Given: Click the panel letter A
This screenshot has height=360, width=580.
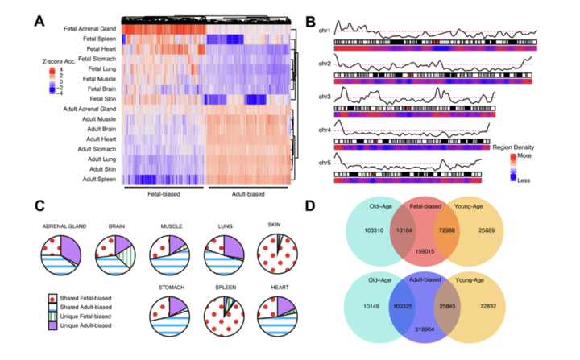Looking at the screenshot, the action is pos(39,21).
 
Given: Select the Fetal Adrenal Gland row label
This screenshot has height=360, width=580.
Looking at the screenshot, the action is pos(90,28).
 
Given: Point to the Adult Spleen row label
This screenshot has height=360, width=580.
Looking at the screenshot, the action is pos(99,179).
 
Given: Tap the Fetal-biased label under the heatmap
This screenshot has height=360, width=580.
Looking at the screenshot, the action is pos(164,194).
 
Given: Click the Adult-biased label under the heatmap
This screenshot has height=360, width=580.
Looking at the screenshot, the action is pos(248,194).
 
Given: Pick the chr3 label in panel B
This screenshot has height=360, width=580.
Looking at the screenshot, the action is pos(325,97).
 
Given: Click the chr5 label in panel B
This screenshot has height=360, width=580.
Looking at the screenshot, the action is pos(325,163).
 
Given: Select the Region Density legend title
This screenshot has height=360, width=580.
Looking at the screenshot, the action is pos(513,147).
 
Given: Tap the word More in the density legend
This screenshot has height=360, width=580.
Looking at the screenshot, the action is pos(524,155).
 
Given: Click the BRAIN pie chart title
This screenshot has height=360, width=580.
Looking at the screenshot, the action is pos(117,226).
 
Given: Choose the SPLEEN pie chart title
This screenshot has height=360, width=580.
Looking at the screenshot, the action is pos(226,288).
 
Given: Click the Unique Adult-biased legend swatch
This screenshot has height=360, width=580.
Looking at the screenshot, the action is pos(52,325).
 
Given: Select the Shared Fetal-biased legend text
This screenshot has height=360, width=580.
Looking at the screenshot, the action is pos(86,298).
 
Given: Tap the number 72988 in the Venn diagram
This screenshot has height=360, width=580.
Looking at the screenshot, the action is pos(447,230).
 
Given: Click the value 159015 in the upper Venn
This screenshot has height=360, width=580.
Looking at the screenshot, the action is pos(425,251).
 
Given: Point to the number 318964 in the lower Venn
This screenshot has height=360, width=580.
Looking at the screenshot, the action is pos(425,329).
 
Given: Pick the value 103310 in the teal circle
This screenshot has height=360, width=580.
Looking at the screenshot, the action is pos(374,230).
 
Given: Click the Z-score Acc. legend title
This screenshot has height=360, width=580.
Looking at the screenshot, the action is pos(59,62).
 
